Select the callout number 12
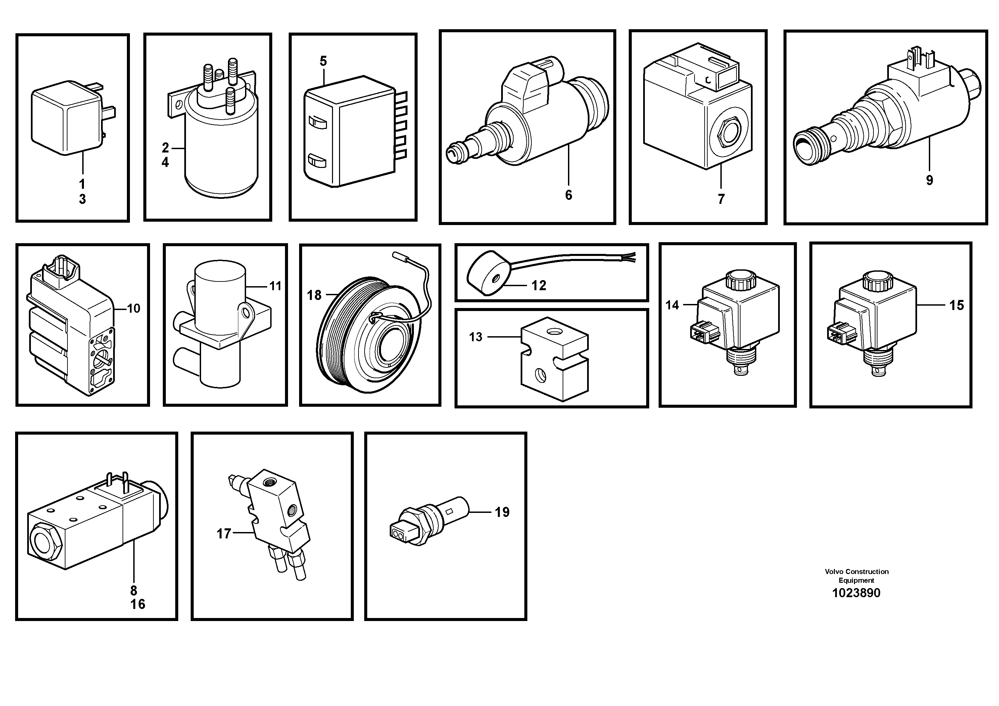[x=539, y=285]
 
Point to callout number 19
[x=502, y=512]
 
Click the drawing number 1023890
[x=856, y=593]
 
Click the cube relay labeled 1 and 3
[x=65, y=120]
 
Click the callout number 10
[x=133, y=309]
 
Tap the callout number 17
[x=224, y=534]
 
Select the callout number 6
[x=568, y=195]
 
